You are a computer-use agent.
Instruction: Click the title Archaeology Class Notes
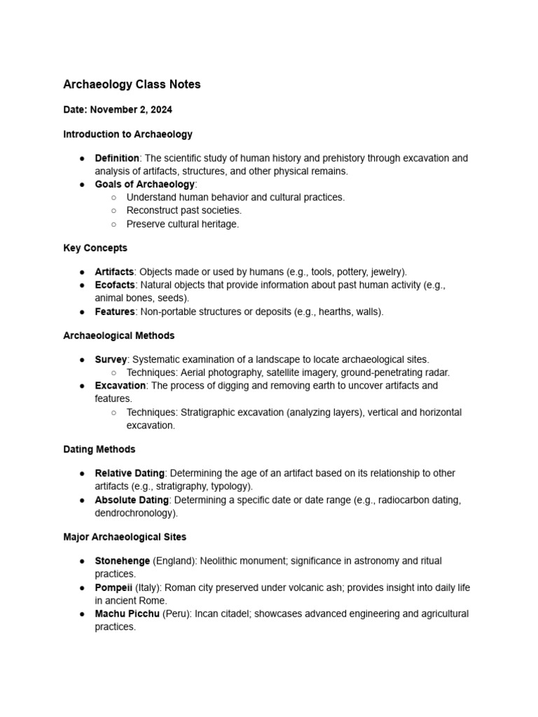coord(132,85)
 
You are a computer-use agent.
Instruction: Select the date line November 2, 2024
coord(118,110)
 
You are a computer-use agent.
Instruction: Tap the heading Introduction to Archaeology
coord(127,134)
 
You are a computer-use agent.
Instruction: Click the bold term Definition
coord(117,158)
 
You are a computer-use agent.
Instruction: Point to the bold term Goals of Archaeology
coord(144,184)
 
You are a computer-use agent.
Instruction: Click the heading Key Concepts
coord(95,248)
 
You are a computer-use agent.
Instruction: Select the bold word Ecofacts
coord(114,285)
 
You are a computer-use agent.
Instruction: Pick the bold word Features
coord(115,312)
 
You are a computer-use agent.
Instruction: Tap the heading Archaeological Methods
coord(119,335)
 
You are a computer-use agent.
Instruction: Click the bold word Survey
coord(111,359)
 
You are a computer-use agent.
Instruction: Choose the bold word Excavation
coord(120,386)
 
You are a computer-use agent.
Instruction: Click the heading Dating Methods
coord(99,449)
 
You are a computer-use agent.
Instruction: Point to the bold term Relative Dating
coord(130,473)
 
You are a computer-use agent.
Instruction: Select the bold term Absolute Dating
coord(132,500)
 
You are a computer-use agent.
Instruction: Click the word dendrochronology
coord(134,513)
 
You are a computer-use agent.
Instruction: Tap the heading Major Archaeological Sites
coord(125,537)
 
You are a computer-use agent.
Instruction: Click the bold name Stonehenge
coord(123,561)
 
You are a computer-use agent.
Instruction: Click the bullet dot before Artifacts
coord(83,272)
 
